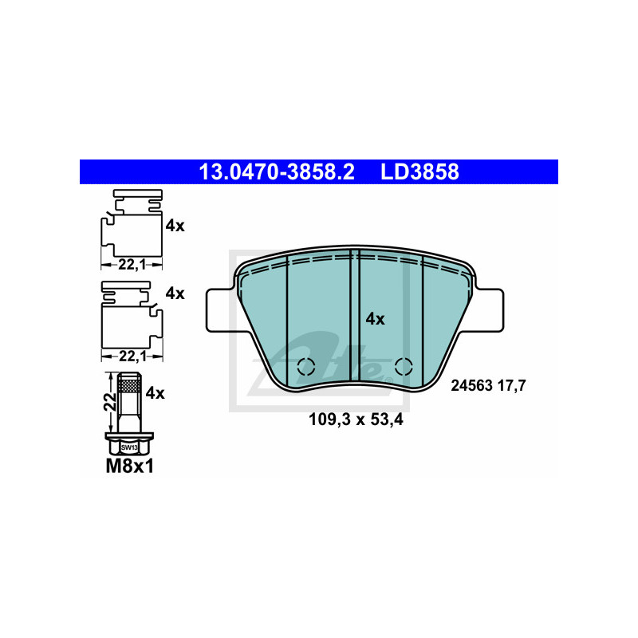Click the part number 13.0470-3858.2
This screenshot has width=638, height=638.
[x=277, y=171]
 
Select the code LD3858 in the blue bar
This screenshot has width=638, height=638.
[x=419, y=171]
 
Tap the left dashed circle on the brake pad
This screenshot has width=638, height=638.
[x=306, y=367]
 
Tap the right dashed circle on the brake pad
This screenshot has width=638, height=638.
[x=404, y=367]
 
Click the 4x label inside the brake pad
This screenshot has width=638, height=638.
[x=375, y=319]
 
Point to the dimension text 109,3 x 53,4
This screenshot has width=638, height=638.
[x=356, y=419]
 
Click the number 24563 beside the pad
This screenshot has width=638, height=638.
[x=471, y=385]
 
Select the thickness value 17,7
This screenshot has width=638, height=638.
[x=512, y=385]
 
